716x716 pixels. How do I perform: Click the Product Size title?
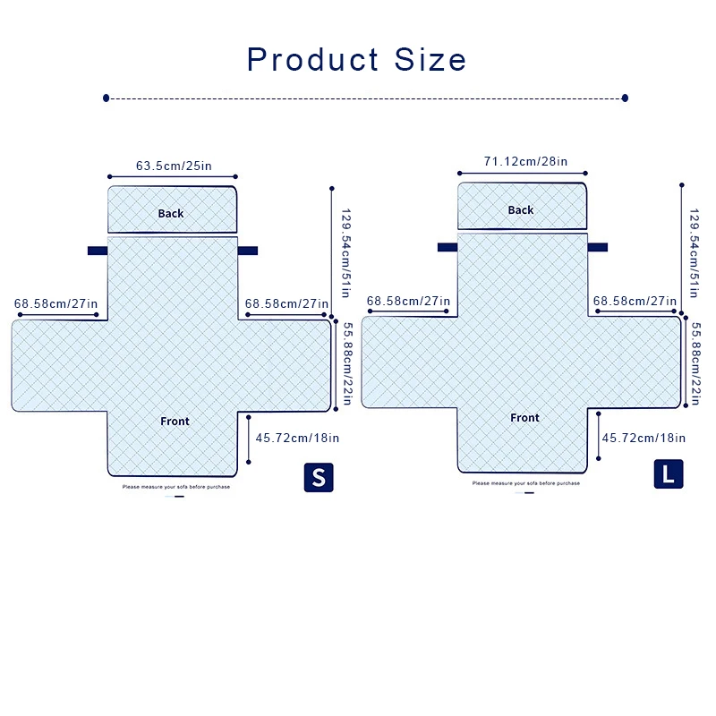357,60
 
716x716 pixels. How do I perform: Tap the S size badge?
318,476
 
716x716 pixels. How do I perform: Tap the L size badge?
668,473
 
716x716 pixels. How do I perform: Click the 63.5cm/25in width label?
174,166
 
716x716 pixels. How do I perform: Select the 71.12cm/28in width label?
525,162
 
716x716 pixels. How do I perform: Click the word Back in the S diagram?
171,213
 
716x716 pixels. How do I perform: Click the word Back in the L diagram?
521,210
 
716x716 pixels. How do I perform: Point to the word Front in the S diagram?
175,422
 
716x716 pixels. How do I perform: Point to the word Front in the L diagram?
525,418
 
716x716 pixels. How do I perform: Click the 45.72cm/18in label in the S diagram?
297,439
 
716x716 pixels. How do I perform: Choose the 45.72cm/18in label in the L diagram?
644,438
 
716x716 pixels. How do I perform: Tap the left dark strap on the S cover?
98,251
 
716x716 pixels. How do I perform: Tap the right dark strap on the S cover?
248,251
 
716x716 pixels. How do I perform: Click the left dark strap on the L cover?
447,247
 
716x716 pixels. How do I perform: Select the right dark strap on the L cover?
598,247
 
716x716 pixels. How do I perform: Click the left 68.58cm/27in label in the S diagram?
55,304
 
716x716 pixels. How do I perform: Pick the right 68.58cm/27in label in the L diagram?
635,301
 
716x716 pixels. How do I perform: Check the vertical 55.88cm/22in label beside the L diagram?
695,363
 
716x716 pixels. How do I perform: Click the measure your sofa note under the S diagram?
176,487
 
